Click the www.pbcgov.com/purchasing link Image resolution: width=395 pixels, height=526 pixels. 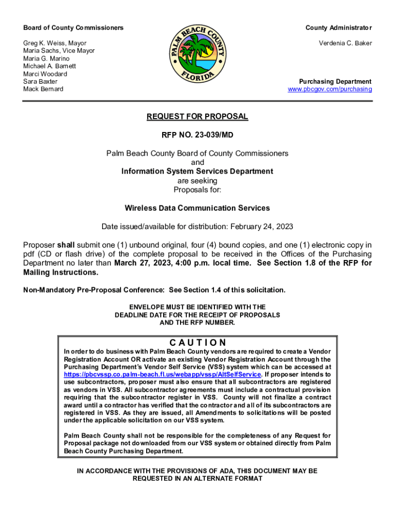coord(330,89)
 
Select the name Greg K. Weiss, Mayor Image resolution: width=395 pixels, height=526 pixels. coord(55,43)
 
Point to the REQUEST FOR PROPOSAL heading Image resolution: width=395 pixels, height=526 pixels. coord(197,117)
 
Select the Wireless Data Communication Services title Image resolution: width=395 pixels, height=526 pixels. coord(197,208)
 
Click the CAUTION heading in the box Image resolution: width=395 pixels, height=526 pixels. coord(197,343)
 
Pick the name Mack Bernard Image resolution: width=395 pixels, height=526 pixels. coord(43,89)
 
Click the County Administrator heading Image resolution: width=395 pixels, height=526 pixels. coord(339,28)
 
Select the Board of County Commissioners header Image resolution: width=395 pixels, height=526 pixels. coord(73,28)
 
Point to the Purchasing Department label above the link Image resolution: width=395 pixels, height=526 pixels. coord(335,82)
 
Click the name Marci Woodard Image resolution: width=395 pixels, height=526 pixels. coord(45,74)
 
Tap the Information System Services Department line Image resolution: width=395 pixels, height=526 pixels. coord(197,172)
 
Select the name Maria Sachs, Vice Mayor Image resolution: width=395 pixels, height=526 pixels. coord(59,51)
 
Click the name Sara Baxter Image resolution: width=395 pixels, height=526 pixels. coord(41,82)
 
